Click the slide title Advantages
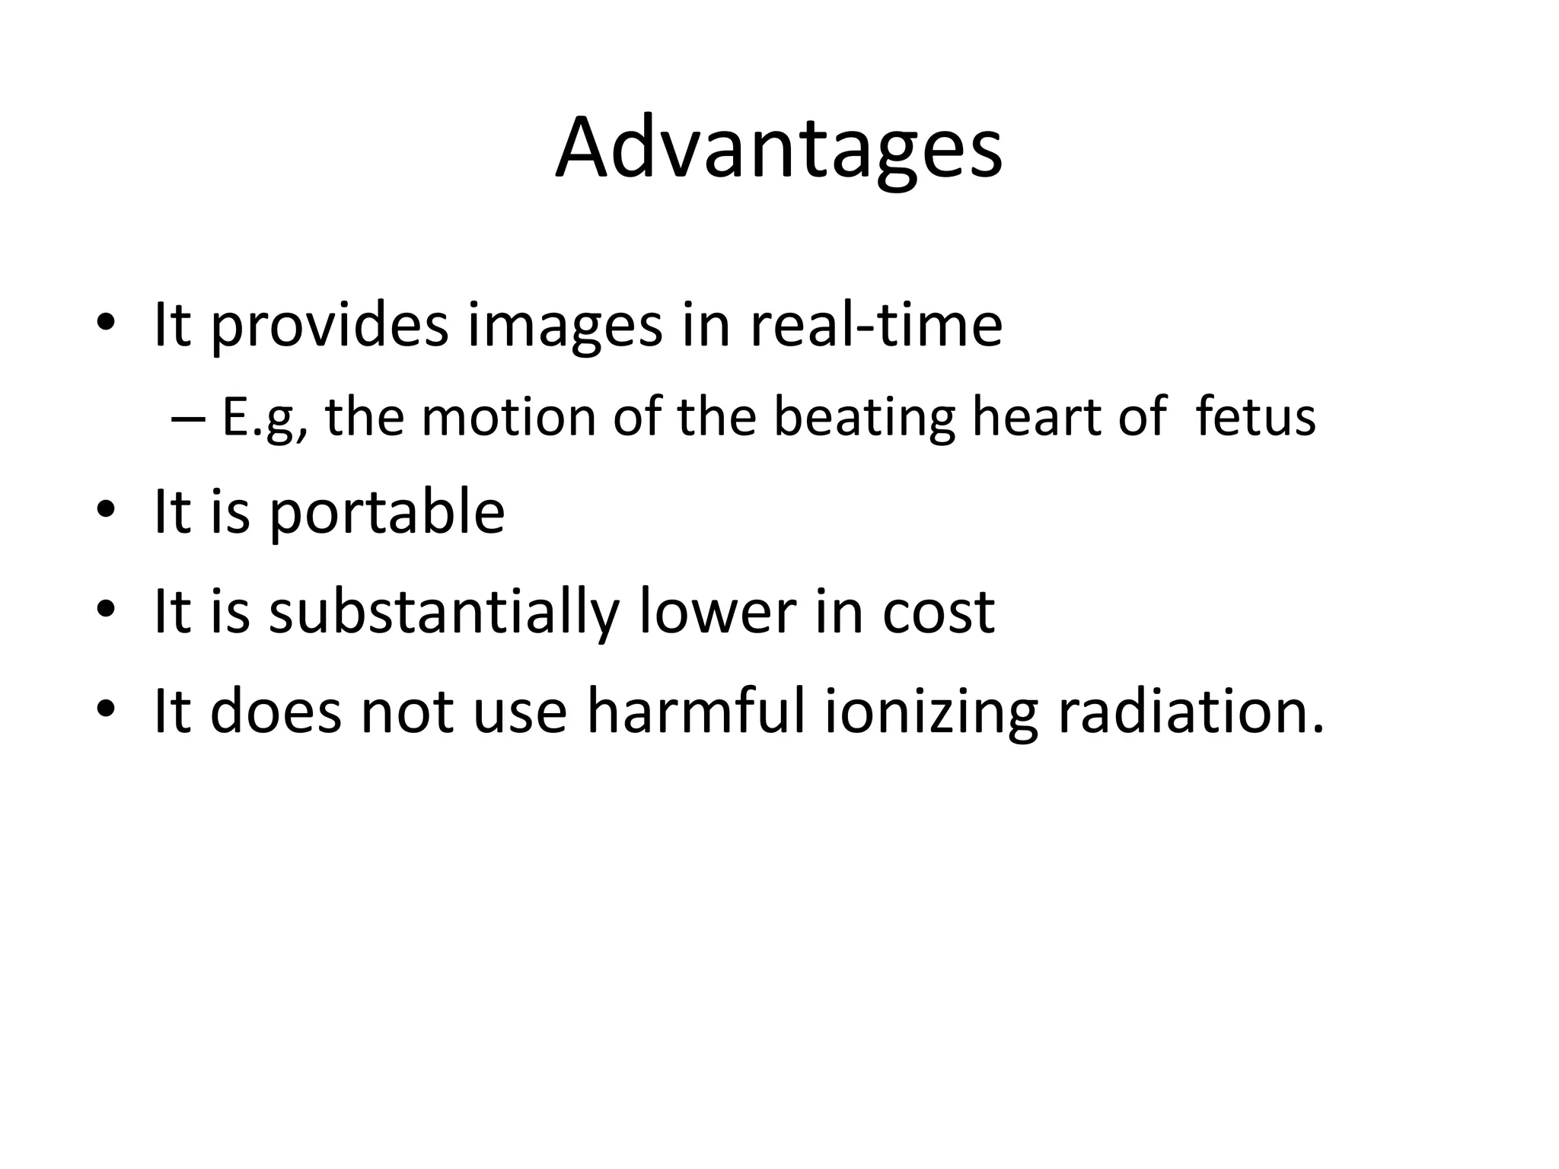[779, 148]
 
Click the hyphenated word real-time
[875, 325]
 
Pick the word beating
[863, 419]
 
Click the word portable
[387, 513]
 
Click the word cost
[938, 612]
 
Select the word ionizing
[931, 712]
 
